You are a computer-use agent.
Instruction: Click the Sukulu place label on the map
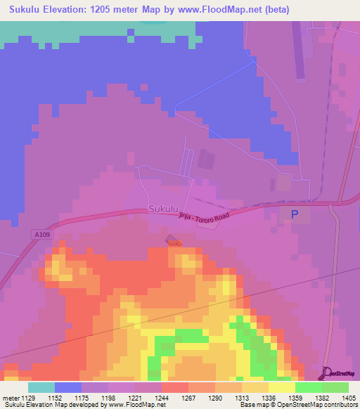[163, 209]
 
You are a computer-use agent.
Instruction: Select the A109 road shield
[41, 234]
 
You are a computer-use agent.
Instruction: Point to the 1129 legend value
[28, 397]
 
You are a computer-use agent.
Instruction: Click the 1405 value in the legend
[348, 397]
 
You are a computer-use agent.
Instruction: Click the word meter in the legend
[10, 397]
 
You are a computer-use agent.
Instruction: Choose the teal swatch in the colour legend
[41, 387]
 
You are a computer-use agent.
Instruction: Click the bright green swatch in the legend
[309, 387]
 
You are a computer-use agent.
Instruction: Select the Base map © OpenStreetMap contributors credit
[298, 405]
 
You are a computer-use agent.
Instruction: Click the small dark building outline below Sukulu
[173, 242]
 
